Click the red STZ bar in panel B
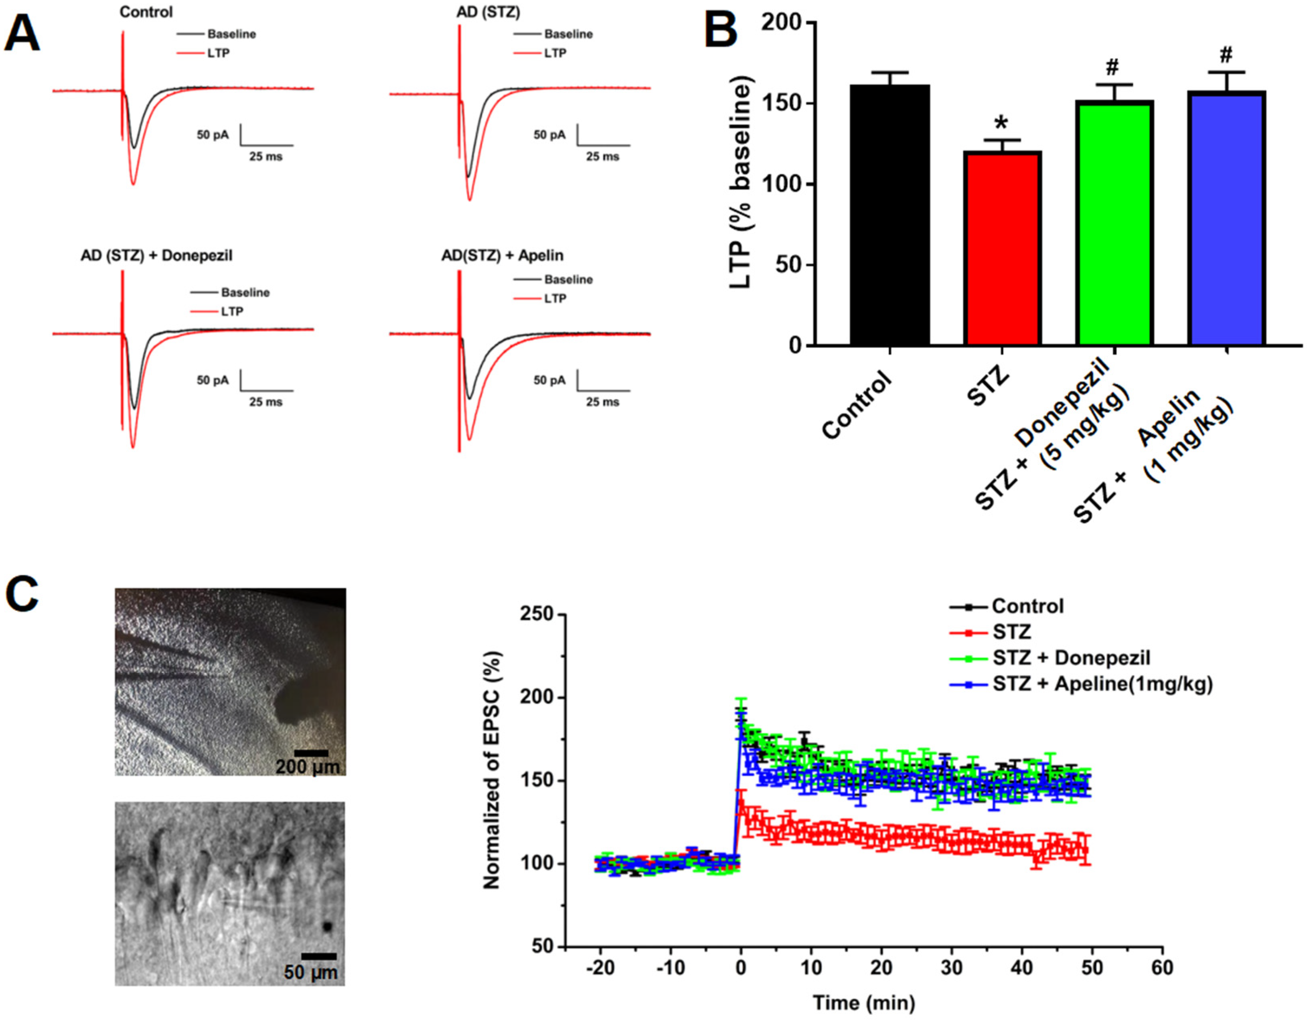pyautogui.click(x=1002, y=248)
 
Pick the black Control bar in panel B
pyautogui.click(x=890, y=215)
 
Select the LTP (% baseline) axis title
pyautogui.click(x=740, y=183)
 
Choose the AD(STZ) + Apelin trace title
pyautogui.click(x=502, y=256)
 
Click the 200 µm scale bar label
pyautogui.click(x=307, y=767)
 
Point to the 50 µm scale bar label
pyautogui.click(x=310, y=973)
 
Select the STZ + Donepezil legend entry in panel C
pyautogui.click(x=1071, y=658)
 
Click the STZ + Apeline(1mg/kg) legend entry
pyautogui.click(x=1102, y=683)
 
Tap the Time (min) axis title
pyautogui.click(x=863, y=1003)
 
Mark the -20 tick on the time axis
pyautogui.click(x=600, y=968)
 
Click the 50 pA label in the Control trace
pyautogui.click(x=213, y=135)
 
